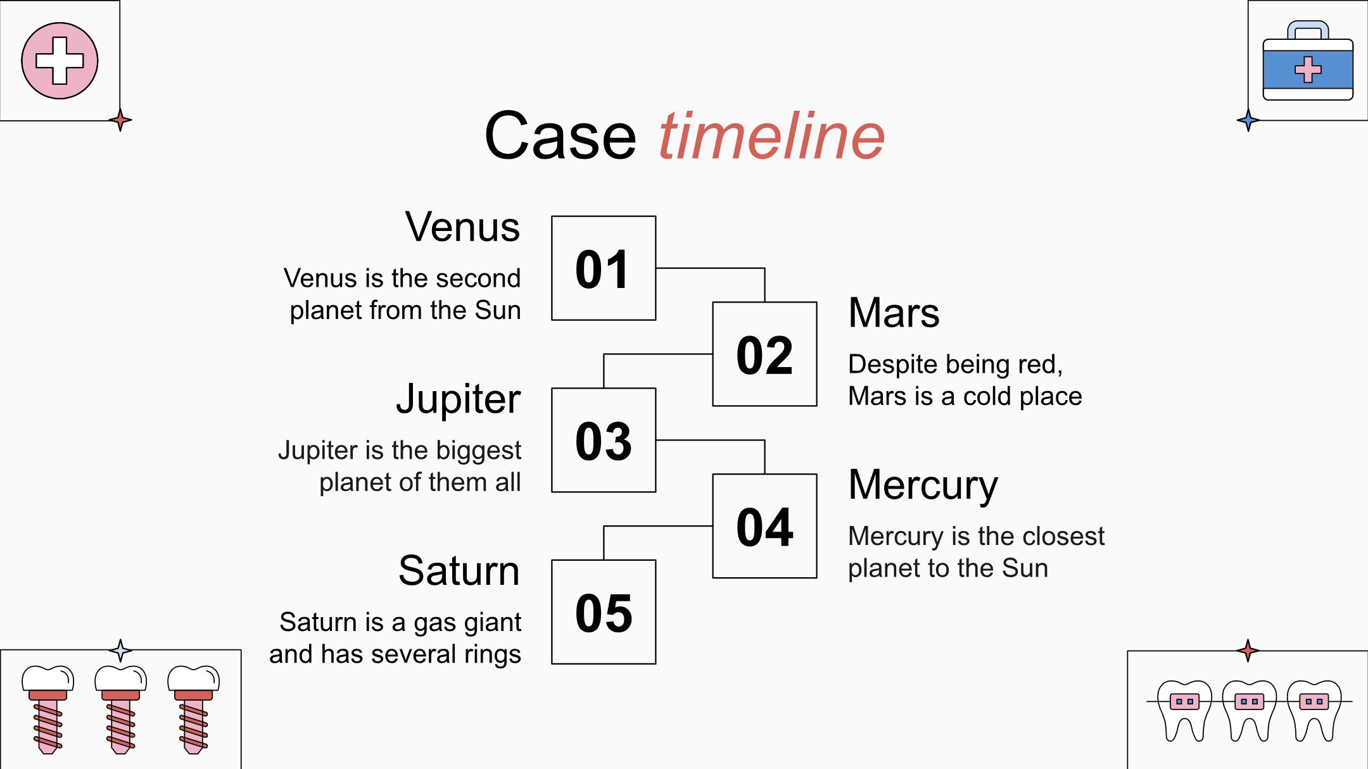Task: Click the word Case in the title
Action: coord(560,136)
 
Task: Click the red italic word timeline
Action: coord(771,135)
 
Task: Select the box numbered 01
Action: coord(604,268)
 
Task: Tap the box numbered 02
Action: coord(764,354)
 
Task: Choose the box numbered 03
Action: coord(604,440)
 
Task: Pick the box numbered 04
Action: coord(764,526)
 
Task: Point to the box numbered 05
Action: coord(604,612)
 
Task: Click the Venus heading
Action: coord(462,227)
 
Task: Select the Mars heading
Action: coord(894,313)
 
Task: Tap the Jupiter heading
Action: coord(458,400)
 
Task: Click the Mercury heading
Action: coord(923,486)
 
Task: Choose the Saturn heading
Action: coord(459,571)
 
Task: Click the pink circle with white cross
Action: coord(60,61)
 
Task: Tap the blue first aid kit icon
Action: coord(1308,61)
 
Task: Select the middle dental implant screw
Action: coord(120,709)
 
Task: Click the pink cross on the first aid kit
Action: coord(1308,70)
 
